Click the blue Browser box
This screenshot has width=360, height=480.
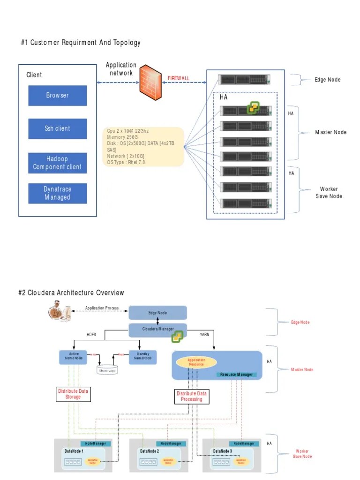pyautogui.click(x=58, y=96)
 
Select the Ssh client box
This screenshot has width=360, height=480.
pyautogui.click(x=58, y=128)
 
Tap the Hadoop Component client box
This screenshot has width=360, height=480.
pyautogui.click(x=58, y=163)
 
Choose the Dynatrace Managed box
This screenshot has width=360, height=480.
pyautogui.click(x=58, y=193)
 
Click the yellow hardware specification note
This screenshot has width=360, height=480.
pyautogui.click(x=143, y=146)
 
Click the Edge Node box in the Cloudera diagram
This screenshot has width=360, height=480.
pyautogui.click(x=157, y=313)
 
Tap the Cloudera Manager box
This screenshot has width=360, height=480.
pyautogui.click(x=157, y=329)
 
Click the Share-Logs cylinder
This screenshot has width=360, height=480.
pyautogui.click(x=107, y=370)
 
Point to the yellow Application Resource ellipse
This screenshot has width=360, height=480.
pyautogui.click(x=196, y=362)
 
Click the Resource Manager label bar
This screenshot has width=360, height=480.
pyautogui.click(x=236, y=375)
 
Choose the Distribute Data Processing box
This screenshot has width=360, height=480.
pyautogui.click(x=192, y=397)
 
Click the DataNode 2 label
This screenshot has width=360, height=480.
pyautogui.click(x=150, y=451)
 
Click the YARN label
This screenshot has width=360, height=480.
pyautogui.click(x=204, y=335)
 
